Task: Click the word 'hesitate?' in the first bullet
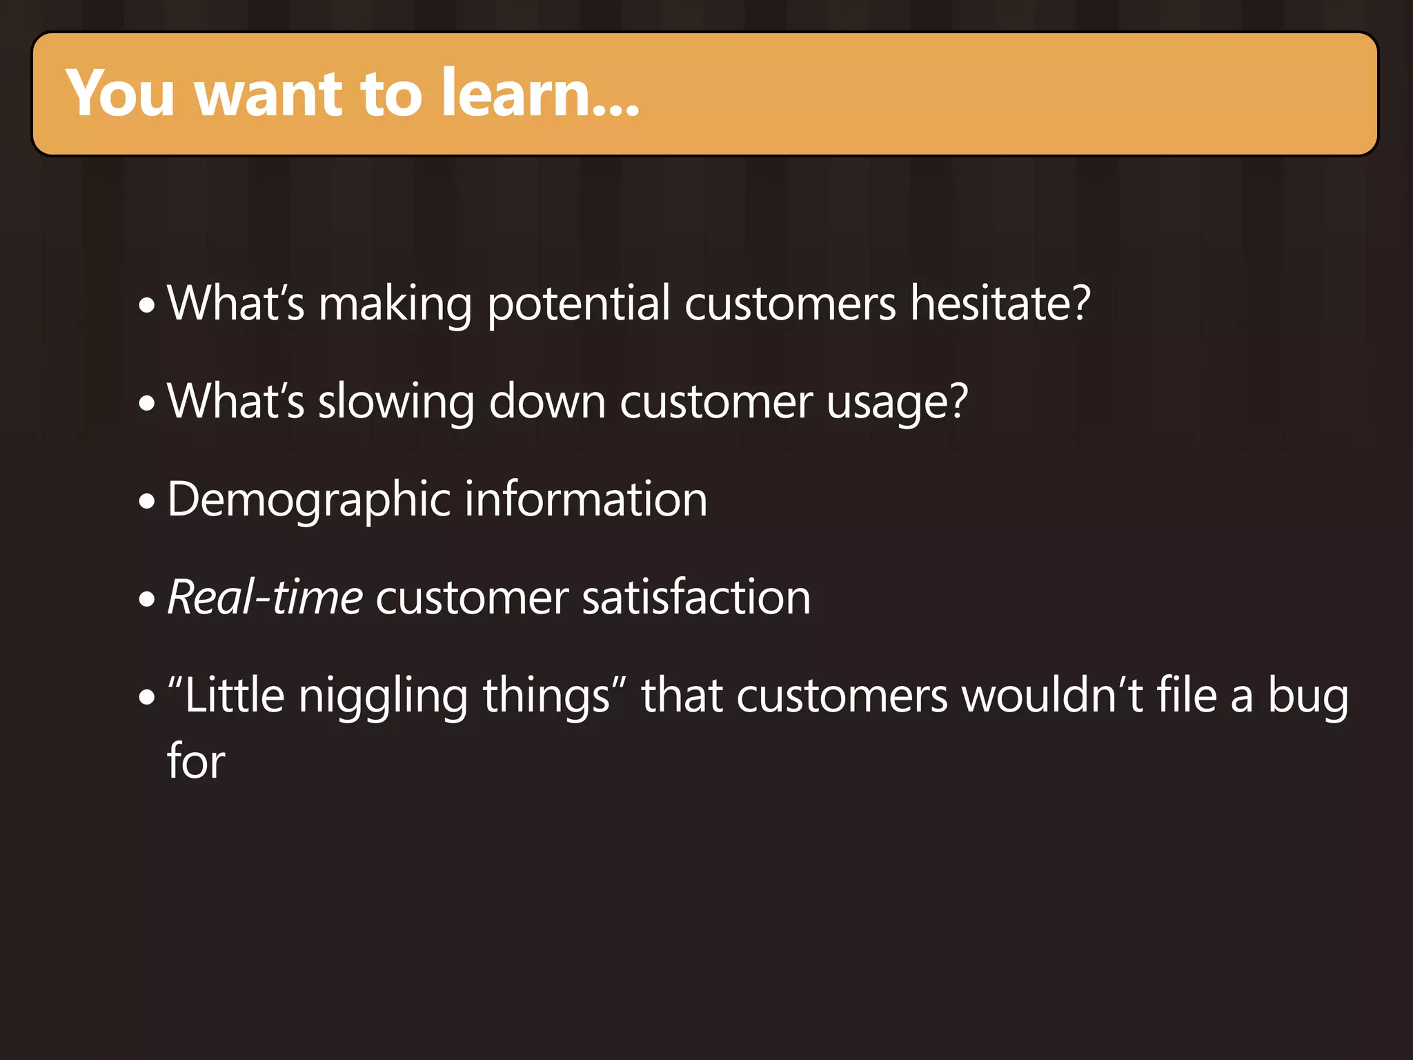tap(1000, 303)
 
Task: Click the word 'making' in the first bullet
tap(395, 304)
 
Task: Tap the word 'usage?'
tap(897, 402)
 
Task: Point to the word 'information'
tap(586, 499)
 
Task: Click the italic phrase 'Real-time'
tap(265, 597)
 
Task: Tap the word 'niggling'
tap(384, 696)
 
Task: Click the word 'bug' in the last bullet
tap(1308, 696)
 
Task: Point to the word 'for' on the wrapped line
tap(196, 760)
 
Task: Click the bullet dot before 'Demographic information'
tap(147, 501)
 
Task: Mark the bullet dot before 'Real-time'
tap(147, 599)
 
